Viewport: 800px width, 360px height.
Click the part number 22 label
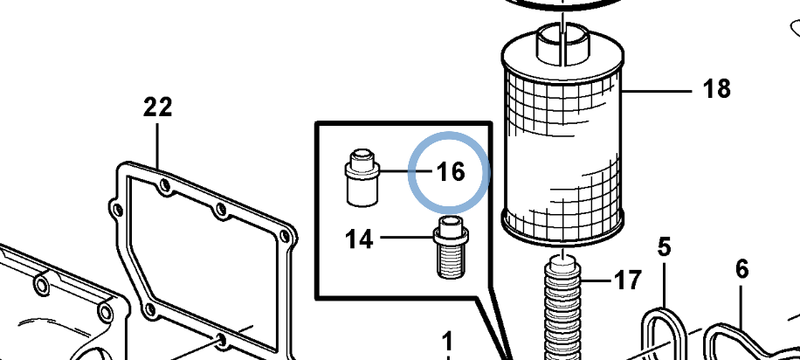tap(158, 107)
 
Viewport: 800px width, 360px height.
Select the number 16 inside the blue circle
tap(452, 172)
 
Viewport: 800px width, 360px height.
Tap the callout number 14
tap(359, 239)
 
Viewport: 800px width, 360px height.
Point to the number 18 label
tap(717, 89)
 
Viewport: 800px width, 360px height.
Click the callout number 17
tap(628, 280)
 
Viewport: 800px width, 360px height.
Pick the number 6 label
tap(741, 269)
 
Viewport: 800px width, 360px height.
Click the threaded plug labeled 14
tap(451, 247)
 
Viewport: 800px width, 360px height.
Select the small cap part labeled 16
tap(362, 177)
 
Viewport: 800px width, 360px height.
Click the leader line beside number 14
tap(408, 238)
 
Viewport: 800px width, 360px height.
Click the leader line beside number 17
tap(596, 280)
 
